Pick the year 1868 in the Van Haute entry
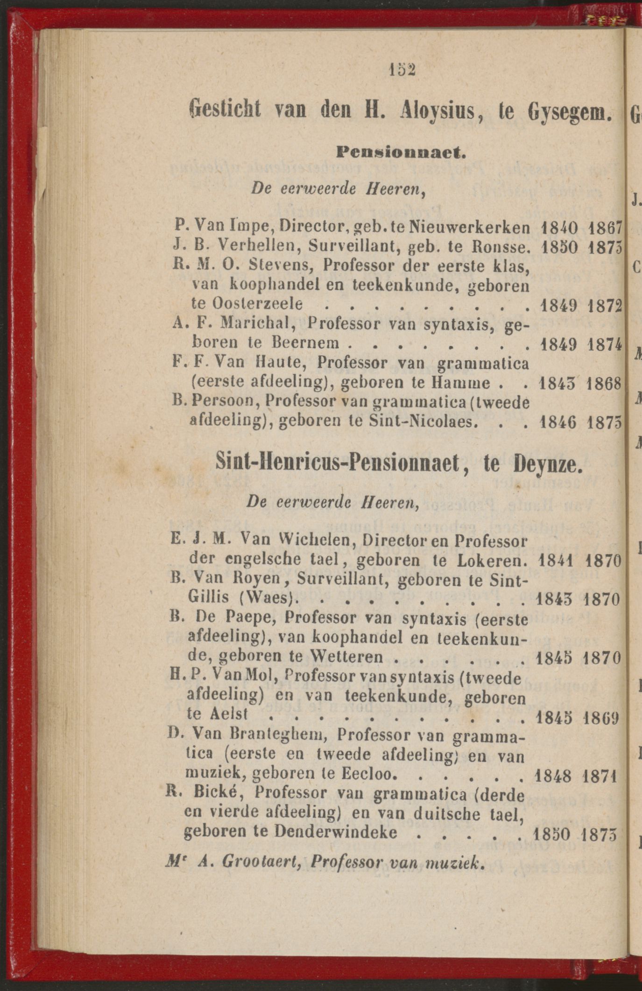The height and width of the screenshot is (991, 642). [x=605, y=384]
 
